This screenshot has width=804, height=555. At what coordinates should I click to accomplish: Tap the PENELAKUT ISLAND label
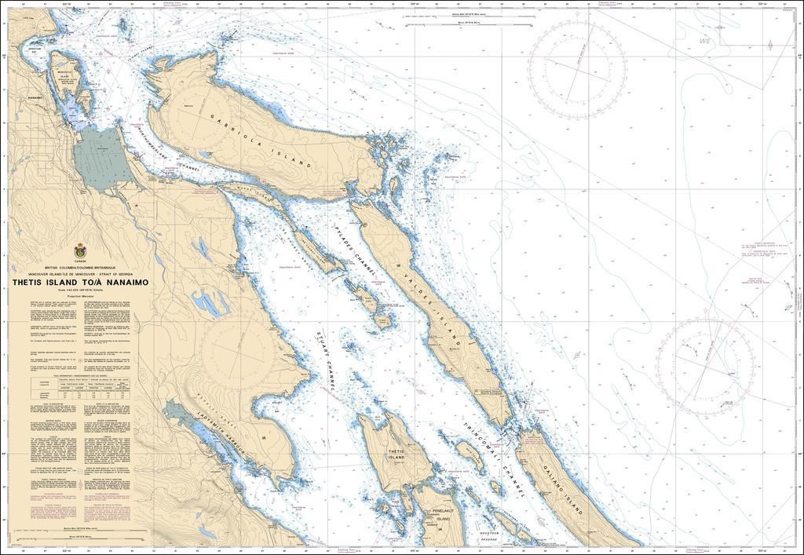443,514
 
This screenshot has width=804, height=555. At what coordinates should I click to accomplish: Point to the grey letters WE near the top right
703,41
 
